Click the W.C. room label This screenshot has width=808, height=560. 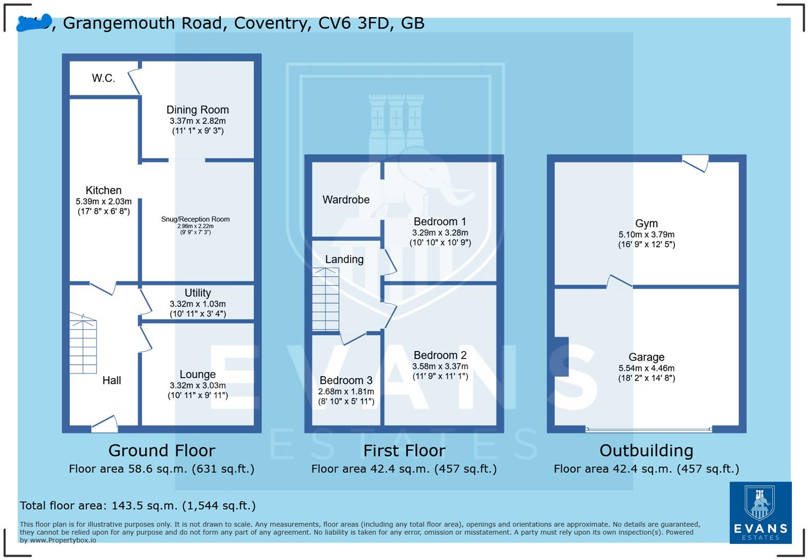(103, 79)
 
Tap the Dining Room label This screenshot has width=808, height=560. (197, 110)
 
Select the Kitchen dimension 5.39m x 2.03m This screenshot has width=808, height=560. (104, 201)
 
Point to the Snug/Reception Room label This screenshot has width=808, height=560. (196, 219)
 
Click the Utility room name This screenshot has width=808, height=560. (197, 293)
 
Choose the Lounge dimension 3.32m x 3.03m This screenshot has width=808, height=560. (198, 385)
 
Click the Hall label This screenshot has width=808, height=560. (112, 380)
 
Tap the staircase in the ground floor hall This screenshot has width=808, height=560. (83, 345)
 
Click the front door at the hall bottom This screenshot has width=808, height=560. (105, 424)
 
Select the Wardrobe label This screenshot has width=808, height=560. (346, 200)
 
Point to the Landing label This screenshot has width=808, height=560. (344, 259)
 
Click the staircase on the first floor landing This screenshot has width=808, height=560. (325, 300)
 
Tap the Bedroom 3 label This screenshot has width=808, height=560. (346, 380)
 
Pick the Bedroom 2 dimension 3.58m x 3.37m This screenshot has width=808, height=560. (440, 366)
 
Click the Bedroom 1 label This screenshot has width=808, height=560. (440, 221)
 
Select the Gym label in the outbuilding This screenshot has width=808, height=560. (646, 223)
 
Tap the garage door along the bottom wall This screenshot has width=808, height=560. (648, 429)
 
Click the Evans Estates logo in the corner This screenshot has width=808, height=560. (760, 512)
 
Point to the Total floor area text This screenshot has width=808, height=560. (138, 505)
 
